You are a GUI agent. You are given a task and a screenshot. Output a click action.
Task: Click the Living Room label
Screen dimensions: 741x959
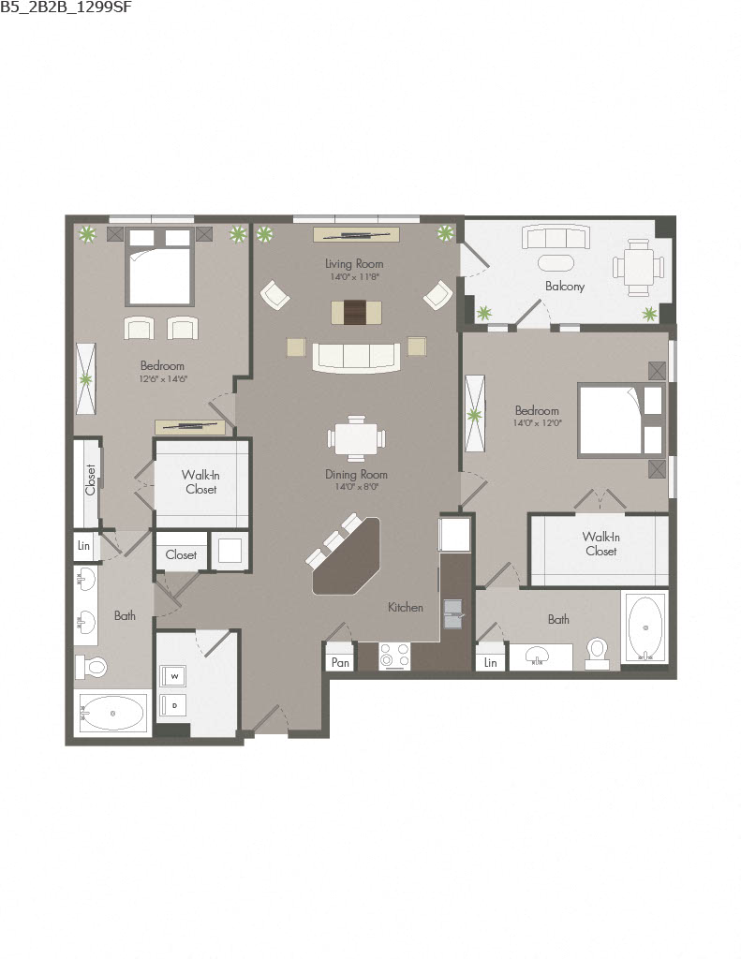click(x=354, y=263)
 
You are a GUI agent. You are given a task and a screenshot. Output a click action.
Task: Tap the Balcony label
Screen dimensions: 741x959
click(x=565, y=286)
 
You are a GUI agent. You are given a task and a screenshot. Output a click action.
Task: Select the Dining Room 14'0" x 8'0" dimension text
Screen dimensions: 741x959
click(x=356, y=487)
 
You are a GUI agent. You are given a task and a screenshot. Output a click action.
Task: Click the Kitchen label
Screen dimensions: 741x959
click(x=405, y=607)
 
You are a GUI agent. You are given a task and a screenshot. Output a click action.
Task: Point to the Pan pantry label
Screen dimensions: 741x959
click(x=340, y=662)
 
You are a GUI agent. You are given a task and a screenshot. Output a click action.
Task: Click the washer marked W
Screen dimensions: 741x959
click(x=174, y=676)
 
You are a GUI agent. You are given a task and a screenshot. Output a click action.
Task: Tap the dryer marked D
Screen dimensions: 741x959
click(x=174, y=705)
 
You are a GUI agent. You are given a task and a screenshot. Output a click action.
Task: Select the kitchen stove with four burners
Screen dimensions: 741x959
click(x=394, y=657)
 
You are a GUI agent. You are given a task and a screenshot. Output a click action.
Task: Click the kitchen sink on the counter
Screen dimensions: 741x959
click(x=453, y=614)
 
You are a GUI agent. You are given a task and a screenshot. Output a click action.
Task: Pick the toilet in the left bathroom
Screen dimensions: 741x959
click(x=91, y=666)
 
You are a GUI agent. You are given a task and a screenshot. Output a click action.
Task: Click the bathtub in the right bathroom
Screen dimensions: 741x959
click(x=645, y=627)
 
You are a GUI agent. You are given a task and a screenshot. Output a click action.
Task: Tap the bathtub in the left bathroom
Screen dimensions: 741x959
click(x=112, y=713)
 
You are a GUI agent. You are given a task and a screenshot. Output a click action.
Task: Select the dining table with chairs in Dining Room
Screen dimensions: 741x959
click(x=356, y=438)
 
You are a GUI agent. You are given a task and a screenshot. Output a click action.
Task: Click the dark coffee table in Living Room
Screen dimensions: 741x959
click(x=357, y=313)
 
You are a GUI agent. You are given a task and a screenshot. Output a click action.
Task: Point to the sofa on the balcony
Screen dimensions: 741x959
click(x=556, y=237)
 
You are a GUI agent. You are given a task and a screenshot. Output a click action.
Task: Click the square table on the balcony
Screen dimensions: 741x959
click(x=639, y=267)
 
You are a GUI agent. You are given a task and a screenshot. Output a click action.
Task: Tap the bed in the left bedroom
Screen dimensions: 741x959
click(x=159, y=267)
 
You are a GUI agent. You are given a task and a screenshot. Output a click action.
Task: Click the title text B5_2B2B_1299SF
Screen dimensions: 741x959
click(x=67, y=7)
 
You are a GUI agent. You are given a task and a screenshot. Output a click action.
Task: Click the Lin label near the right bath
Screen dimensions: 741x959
click(x=490, y=662)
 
